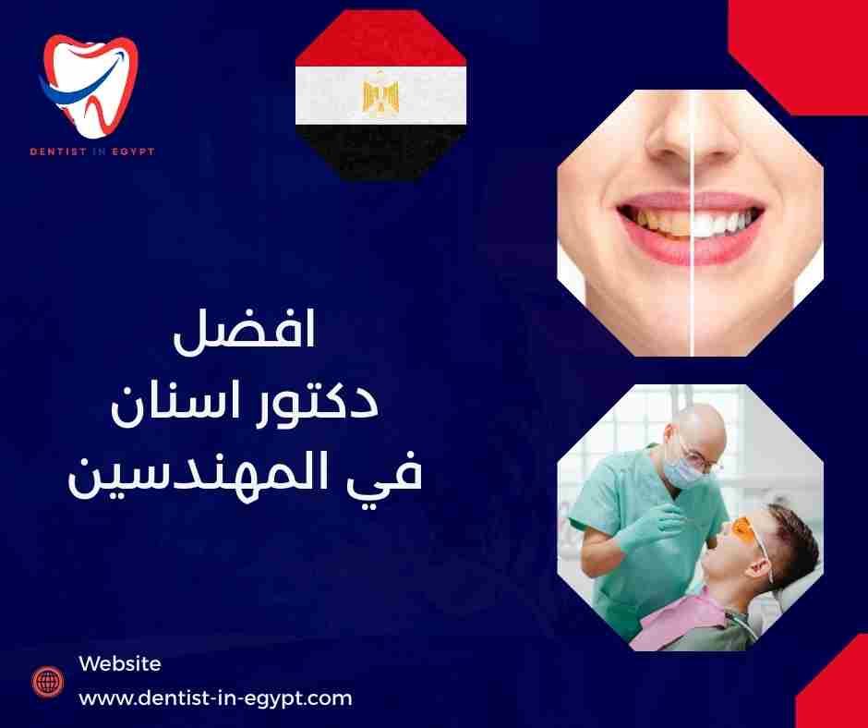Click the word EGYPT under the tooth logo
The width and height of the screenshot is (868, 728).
tap(130, 152)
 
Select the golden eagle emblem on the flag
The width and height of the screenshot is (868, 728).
tap(380, 95)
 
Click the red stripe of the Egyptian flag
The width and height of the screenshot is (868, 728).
tap(380, 42)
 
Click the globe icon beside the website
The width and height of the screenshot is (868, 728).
tap(46, 682)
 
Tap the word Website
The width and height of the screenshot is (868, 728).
tap(120, 663)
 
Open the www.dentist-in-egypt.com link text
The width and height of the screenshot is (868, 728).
tap(215, 698)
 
